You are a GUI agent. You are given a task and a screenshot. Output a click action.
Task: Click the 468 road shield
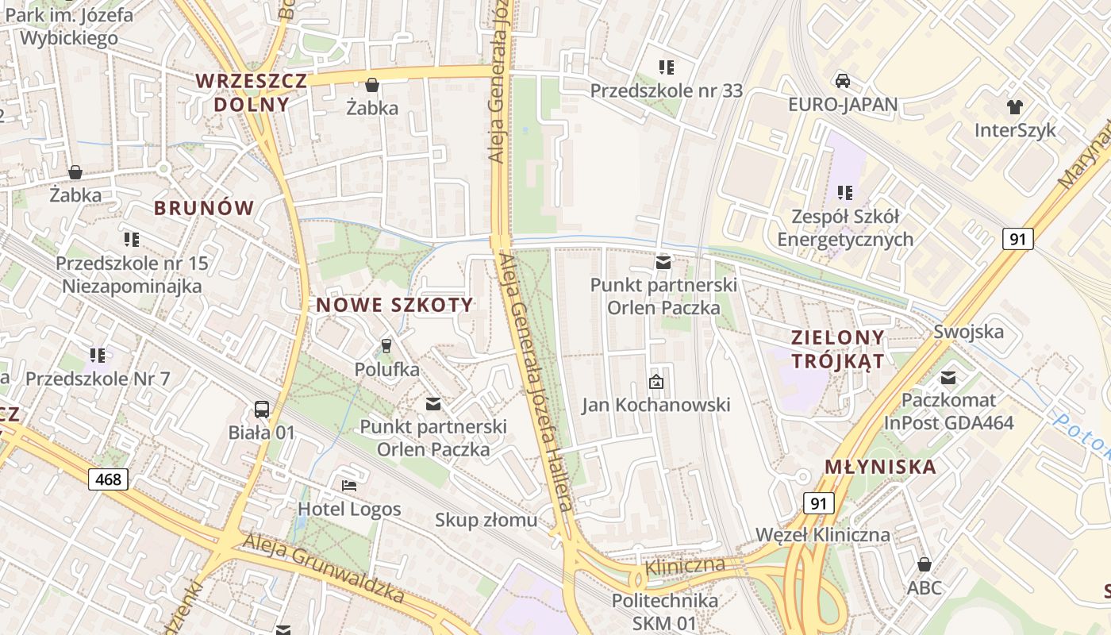(108, 479)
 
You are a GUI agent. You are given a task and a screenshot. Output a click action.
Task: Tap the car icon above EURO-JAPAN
(843, 80)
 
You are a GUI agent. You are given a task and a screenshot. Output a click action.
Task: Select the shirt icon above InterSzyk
(1014, 106)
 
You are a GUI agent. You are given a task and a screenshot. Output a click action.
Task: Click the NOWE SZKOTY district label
(394, 305)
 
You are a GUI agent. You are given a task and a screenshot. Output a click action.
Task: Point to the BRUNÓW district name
(204, 209)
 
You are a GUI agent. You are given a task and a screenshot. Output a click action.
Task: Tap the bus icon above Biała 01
(262, 410)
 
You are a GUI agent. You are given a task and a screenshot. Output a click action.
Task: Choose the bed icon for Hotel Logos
(349, 485)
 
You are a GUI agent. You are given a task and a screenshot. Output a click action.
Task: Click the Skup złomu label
(486, 521)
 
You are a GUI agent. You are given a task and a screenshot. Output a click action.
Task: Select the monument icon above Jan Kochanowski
(656, 382)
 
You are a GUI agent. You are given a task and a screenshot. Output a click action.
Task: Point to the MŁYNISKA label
(881, 467)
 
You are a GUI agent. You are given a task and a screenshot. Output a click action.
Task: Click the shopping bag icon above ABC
(925, 564)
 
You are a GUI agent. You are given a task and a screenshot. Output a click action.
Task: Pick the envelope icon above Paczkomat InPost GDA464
(949, 377)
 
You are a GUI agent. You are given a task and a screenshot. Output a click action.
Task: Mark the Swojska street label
(968, 332)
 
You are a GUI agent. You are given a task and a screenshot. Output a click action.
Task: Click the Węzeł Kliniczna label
(823, 534)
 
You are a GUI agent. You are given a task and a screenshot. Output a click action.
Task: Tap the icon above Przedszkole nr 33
(667, 67)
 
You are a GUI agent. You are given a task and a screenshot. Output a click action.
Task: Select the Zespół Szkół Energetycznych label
(845, 228)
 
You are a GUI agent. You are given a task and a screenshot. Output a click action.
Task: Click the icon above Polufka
(386, 345)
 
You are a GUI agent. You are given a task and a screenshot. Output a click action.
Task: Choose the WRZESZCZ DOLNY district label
(251, 92)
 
